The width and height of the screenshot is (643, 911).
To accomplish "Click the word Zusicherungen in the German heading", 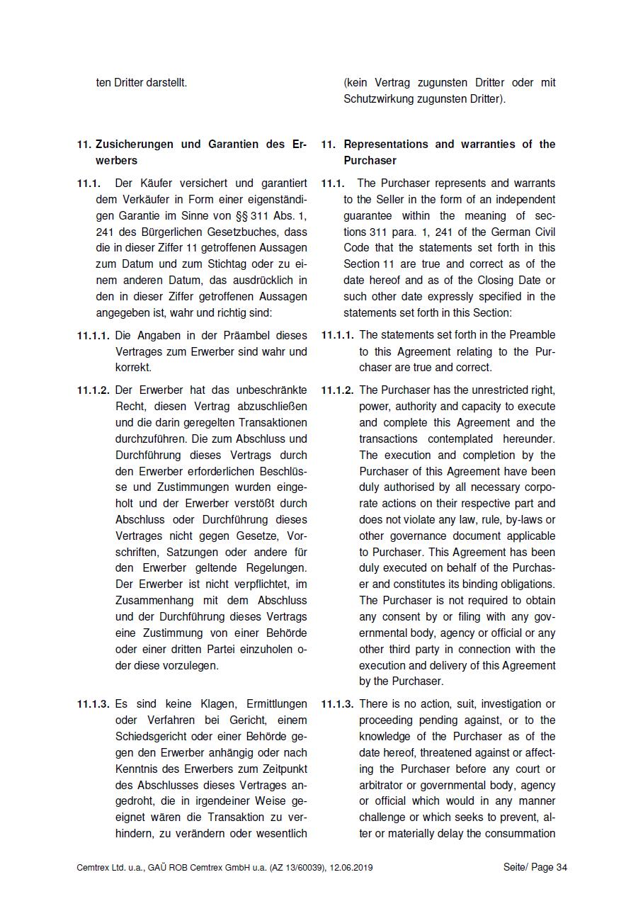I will coord(135,145).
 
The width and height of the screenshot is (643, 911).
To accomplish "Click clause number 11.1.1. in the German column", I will coord(93,335).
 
